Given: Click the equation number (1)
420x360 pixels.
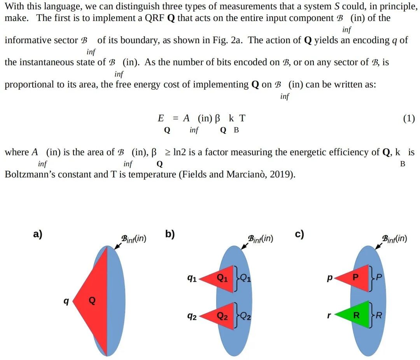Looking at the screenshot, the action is tap(408, 119).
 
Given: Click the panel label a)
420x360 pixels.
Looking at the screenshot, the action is tap(38, 234).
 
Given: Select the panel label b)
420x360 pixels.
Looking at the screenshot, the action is tap(170, 234).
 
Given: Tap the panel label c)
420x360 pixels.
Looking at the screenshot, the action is tap(299, 234).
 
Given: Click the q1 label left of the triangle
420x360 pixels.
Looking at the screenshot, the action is tap(192, 278).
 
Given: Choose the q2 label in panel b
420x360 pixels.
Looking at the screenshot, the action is tap(192, 316).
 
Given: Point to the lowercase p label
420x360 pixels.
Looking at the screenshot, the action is tap(330, 278).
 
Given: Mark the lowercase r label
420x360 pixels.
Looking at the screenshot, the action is tap(329, 316).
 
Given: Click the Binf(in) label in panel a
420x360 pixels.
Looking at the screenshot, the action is tap(134, 238).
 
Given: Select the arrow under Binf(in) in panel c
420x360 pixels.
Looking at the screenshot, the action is tap(378, 246).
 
